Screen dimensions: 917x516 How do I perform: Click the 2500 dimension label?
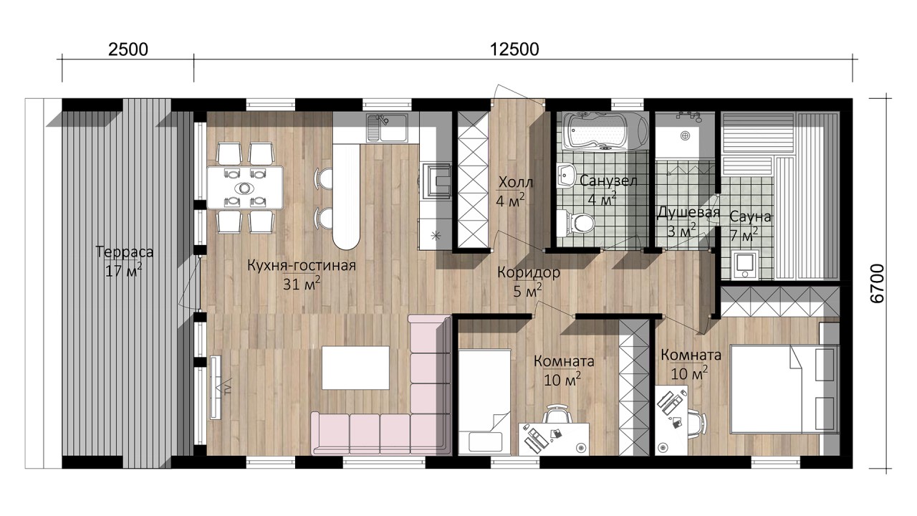[128, 49]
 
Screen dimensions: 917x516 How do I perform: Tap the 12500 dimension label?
[514, 49]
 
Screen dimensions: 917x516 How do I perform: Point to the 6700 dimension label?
[878, 283]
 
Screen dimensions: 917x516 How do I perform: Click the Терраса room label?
[125, 252]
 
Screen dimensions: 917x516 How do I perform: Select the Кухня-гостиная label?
[302, 265]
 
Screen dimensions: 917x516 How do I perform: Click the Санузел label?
[608, 181]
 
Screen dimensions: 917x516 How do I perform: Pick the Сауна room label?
[750, 216]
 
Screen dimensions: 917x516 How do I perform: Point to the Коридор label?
[529, 272]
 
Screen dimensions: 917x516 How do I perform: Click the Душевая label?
[688, 213]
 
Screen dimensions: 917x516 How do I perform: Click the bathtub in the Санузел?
[605, 131]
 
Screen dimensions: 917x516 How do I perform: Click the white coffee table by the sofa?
[355, 368]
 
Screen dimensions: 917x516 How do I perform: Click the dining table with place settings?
[245, 188]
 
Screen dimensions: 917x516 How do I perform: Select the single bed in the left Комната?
[484, 401]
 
